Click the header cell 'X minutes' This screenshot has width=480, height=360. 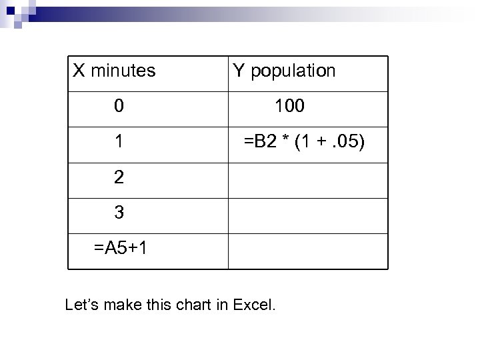pos(114,70)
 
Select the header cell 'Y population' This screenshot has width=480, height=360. pos(284,70)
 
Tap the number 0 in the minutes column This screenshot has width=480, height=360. pos(118,105)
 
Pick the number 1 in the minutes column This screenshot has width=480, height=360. pos(118,141)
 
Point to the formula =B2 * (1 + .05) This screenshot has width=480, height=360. pos(303,141)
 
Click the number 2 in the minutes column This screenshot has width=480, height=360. pos(118,177)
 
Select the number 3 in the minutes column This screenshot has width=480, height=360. pos(118,213)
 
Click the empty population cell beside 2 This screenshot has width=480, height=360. pos(307,180)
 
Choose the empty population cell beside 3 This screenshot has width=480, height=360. pos(307,215)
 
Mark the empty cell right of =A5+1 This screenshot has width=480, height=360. pos(307,251)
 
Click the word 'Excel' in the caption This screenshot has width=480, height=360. pos(254,306)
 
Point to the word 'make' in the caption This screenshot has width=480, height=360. pos(123,306)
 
